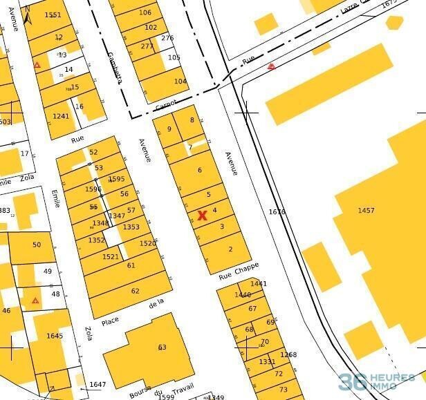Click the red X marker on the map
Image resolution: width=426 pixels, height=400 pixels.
(202, 216)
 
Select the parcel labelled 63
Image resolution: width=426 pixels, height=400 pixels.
(163, 347)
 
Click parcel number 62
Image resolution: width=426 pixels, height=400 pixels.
(135, 291)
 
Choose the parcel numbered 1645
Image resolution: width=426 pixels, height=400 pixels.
(55, 336)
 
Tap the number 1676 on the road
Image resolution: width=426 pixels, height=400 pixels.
(277, 212)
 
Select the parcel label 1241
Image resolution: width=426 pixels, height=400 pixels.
(61, 116)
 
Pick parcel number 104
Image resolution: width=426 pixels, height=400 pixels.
(180, 82)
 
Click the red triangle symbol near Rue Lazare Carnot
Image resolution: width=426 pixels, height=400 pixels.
(272, 66)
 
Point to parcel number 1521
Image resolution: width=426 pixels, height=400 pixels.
(111, 256)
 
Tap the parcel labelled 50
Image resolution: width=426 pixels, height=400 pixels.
(37, 245)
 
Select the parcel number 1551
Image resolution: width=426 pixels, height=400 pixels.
(53, 15)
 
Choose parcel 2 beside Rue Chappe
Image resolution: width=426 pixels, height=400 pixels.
(230, 249)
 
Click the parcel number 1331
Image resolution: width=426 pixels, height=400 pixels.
(267, 361)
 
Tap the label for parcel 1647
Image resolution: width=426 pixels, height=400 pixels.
(98, 384)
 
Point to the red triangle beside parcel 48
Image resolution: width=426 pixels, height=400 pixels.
(35, 301)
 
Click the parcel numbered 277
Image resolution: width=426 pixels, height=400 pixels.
(147, 46)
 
